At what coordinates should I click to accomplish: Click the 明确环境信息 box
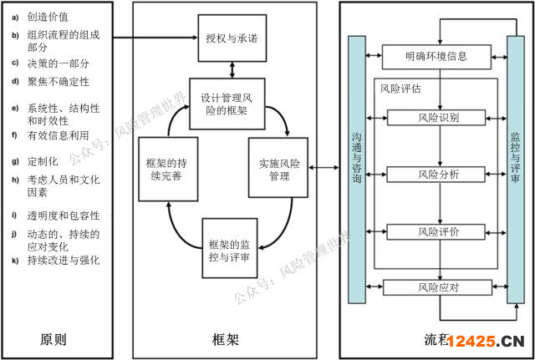click(436, 58)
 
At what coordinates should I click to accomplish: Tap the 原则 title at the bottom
click(53, 339)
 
